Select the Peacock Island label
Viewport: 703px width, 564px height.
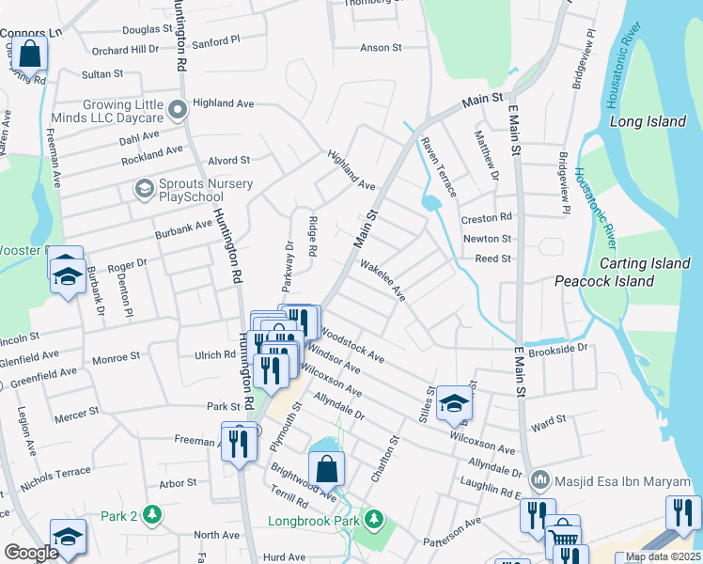point(603,281)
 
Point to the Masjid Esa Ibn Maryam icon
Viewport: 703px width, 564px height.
point(539,480)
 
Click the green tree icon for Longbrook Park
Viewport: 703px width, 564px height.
point(374,519)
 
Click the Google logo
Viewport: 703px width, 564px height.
point(31,553)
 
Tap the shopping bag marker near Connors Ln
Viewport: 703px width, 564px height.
point(30,54)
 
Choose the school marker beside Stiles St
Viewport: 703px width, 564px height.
point(454,402)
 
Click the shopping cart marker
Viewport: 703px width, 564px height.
point(562,534)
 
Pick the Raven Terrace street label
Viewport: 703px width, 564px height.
point(438,167)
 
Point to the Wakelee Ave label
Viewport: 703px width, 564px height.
point(383,280)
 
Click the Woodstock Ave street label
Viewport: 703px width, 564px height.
point(352,345)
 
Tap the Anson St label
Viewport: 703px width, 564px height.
point(381,47)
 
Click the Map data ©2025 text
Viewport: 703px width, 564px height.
point(663,556)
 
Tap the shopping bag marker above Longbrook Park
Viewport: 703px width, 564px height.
point(326,468)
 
